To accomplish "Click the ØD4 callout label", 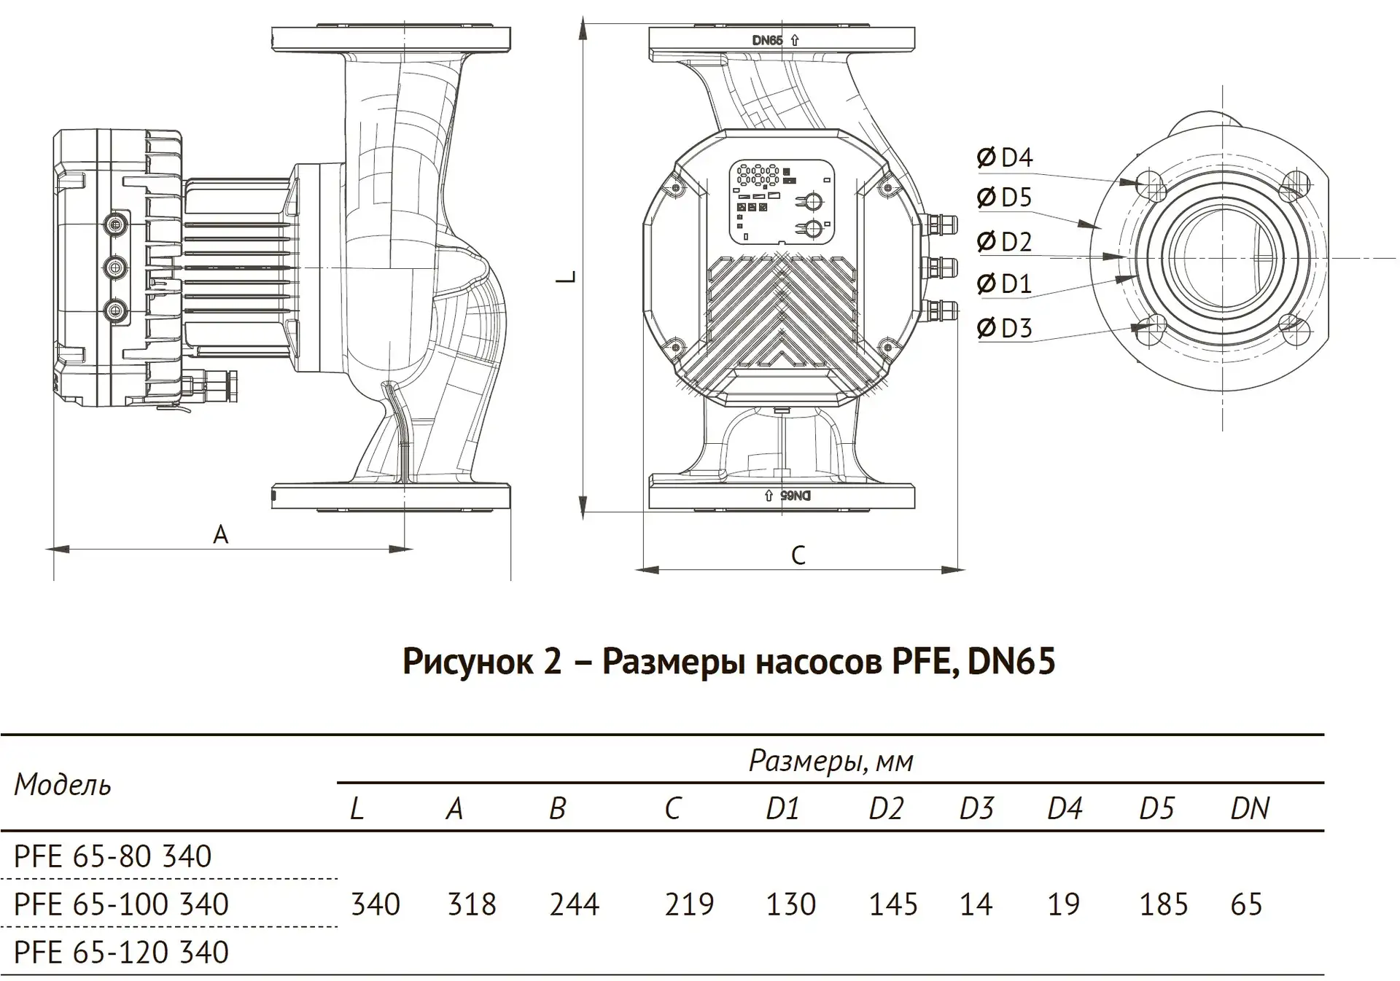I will pos(1005,157).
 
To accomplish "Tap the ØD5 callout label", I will pos(1005,198).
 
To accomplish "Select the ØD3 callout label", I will pos(1005,328).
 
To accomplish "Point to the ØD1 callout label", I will pos(1005,284).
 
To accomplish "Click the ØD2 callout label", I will pos(1005,241).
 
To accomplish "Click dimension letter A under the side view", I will pos(220,535).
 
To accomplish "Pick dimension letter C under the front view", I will pos(798,555).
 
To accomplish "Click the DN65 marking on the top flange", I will pos(768,41).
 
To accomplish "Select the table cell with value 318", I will pos(472,904).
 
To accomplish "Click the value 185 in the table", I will pos(1163,904).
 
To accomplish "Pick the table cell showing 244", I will pos(574,904).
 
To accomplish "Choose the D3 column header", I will pos(976,808).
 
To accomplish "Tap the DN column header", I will pos(1250,808).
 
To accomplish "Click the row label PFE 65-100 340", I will pos(121,904).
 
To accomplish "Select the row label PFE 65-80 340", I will pos(113,856).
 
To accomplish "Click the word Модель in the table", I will pos(63,785).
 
